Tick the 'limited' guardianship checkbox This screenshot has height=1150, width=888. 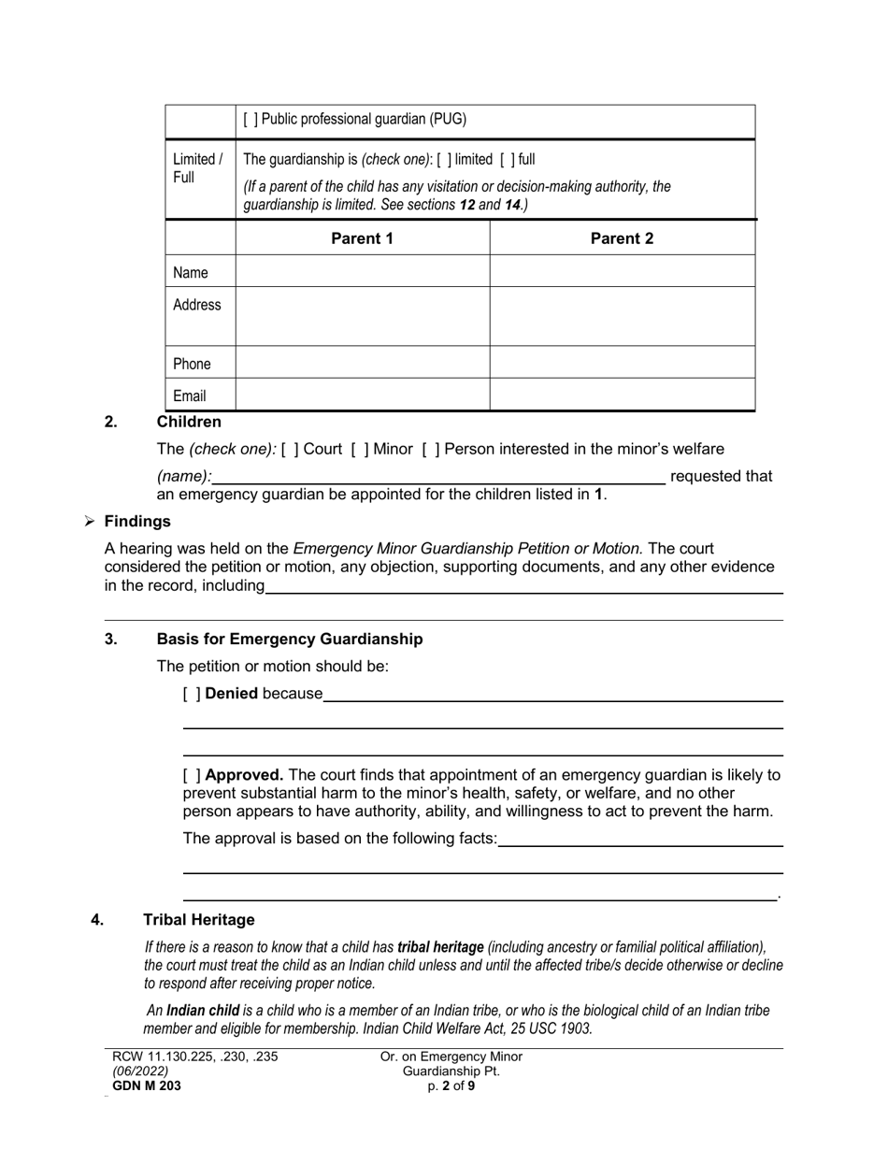tap(444, 160)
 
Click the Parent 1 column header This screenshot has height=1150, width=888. tap(362, 238)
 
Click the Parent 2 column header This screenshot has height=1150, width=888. tap(622, 238)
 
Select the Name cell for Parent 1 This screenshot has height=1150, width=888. tap(362, 272)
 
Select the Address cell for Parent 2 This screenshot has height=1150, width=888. tap(622, 316)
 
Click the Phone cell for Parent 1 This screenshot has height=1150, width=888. tap(362, 363)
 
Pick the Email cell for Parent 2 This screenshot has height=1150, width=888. tap(622, 395)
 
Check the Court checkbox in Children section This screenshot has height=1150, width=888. tap(290, 449)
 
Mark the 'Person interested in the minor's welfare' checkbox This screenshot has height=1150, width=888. tap(431, 449)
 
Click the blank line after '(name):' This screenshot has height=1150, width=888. tap(438, 476)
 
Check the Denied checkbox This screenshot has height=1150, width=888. tap(192, 694)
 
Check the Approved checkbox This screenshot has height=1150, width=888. tap(192, 775)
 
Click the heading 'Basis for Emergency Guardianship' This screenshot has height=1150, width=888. tap(289, 640)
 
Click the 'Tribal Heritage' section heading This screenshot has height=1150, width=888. tap(198, 920)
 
